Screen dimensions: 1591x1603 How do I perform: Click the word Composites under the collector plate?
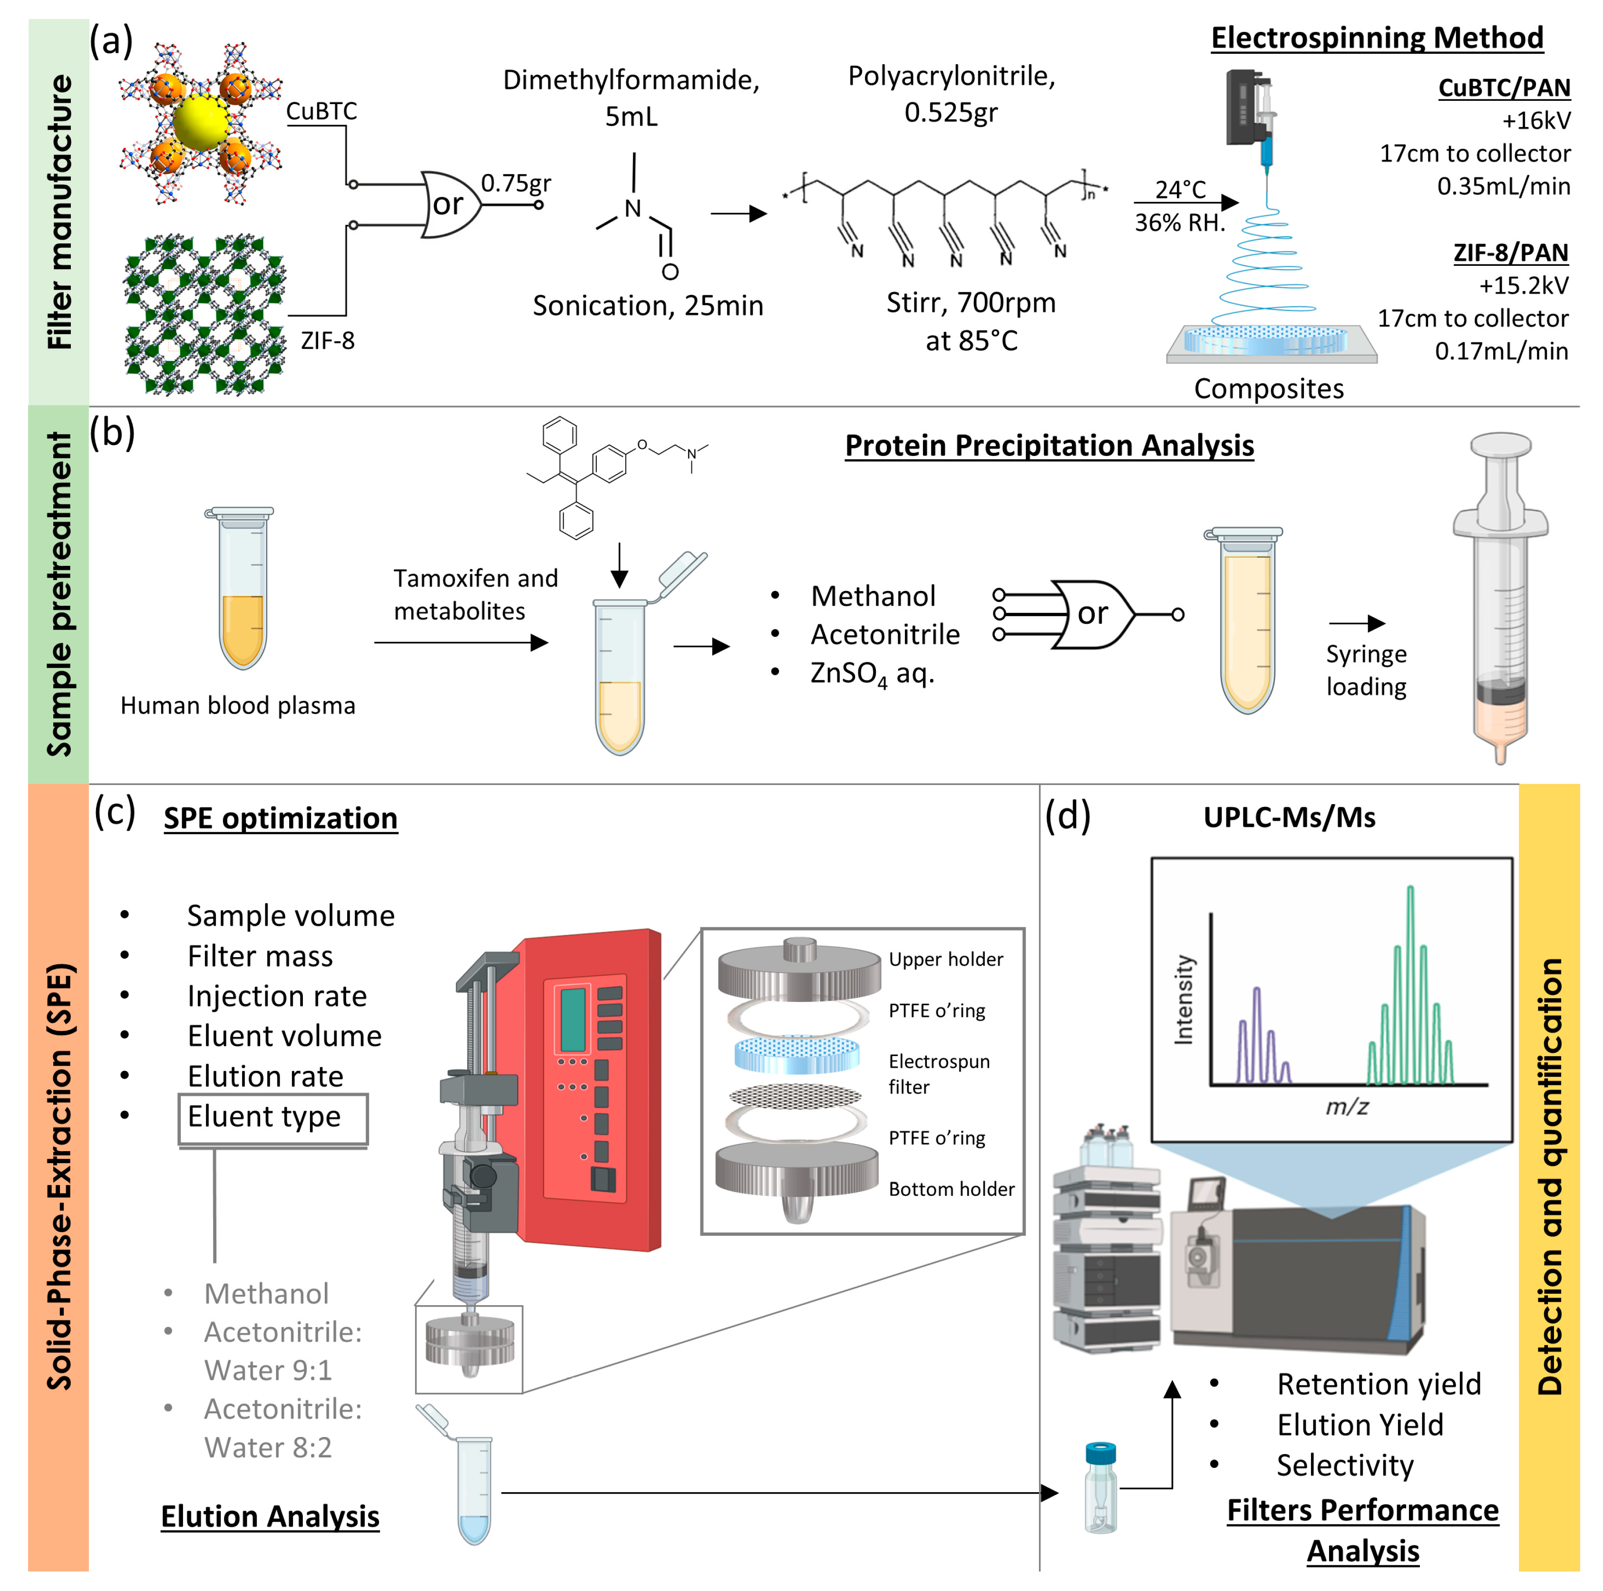click(x=1268, y=388)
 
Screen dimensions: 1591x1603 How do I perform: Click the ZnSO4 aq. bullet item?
click(x=871, y=673)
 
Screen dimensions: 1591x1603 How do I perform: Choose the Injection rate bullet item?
click(x=276, y=995)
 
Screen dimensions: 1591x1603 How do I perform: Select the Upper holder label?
click(x=945, y=959)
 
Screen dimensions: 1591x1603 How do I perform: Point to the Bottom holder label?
click(x=951, y=1189)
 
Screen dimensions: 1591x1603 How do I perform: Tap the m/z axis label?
click(x=1346, y=1106)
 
